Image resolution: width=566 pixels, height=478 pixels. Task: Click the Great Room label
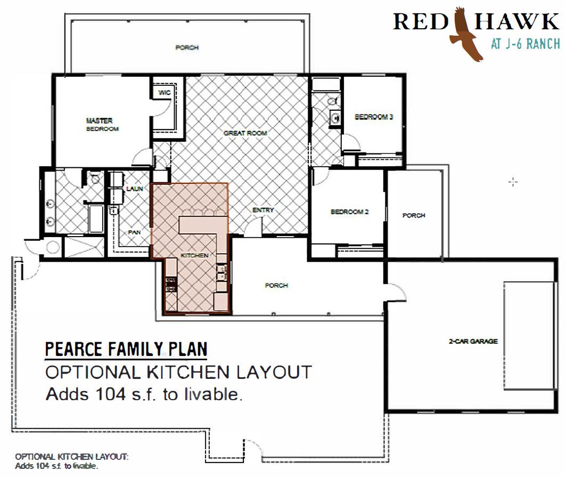pyautogui.click(x=245, y=133)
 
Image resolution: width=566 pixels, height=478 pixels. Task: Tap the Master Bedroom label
pyautogui.click(x=102, y=124)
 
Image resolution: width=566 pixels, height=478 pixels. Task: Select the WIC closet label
pyautogui.click(x=164, y=93)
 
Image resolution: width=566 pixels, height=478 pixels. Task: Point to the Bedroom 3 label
pyautogui.click(x=374, y=117)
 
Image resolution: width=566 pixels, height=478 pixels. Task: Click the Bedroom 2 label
pyautogui.click(x=349, y=212)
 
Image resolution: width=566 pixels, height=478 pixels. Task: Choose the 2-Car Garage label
pyautogui.click(x=473, y=341)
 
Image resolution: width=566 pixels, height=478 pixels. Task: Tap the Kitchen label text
pyautogui.click(x=194, y=255)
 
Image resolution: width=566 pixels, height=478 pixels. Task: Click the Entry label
pyautogui.click(x=263, y=210)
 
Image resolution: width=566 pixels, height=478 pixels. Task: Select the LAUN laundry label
pyautogui.click(x=135, y=189)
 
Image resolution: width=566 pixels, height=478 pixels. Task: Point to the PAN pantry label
pyautogui.click(x=134, y=232)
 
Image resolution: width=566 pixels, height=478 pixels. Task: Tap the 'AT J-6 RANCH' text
pyautogui.click(x=525, y=44)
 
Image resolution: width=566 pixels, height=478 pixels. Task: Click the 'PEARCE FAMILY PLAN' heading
pyautogui.click(x=126, y=349)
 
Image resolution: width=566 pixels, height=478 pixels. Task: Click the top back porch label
pyautogui.click(x=187, y=47)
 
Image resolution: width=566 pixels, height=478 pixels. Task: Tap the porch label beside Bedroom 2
pyautogui.click(x=414, y=215)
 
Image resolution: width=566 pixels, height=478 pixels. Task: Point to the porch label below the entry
pyautogui.click(x=276, y=286)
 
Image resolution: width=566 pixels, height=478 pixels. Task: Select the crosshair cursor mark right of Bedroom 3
pyautogui.click(x=513, y=182)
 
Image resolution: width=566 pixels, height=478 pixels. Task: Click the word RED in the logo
pyautogui.click(x=420, y=22)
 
